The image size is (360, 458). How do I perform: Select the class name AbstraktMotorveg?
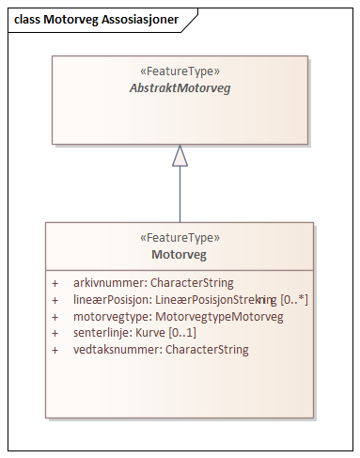[179, 87]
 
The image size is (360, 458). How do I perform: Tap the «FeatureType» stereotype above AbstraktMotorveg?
[179, 71]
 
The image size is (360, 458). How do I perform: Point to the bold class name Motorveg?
[179, 254]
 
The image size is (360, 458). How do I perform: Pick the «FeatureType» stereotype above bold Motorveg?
[179, 238]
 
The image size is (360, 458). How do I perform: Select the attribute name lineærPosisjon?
[113, 299]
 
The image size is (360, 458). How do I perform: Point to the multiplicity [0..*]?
[294, 299]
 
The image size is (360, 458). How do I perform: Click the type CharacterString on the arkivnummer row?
[192, 282]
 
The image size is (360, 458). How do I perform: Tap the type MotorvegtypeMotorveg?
[219, 316]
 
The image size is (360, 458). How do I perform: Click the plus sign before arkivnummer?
[55, 282]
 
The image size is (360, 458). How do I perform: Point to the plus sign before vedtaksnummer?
[55, 350]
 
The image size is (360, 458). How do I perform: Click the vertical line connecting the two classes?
[180, 196]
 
